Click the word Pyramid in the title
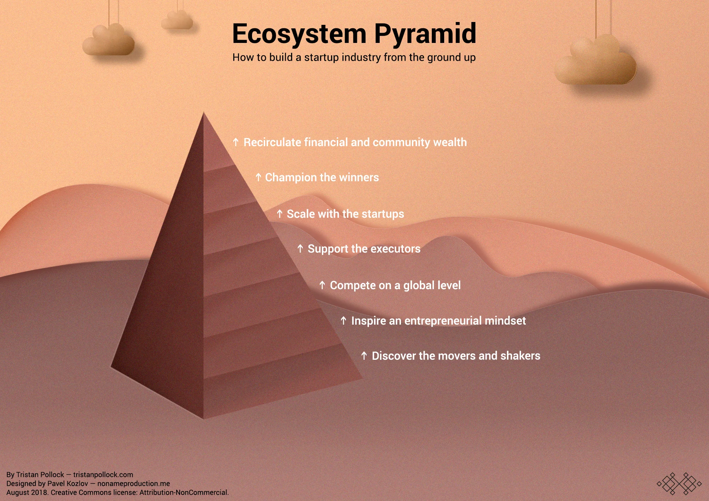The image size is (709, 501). tap(425, 34)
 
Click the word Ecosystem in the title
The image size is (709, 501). tap(299, 34)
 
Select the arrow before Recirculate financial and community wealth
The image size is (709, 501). tap(236, 142)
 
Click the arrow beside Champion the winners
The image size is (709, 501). tap(258, 177)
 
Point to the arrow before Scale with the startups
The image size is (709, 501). tap(280, 214)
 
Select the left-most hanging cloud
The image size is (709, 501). tap(108, 41)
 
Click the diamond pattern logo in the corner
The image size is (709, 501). tap(679, 483)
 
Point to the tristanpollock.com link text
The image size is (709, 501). tap(103, 475)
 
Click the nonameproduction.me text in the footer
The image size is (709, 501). tap(134, 484)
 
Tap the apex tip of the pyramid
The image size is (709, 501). tap(203, 114)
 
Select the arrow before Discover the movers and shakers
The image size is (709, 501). tap(364, 356)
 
